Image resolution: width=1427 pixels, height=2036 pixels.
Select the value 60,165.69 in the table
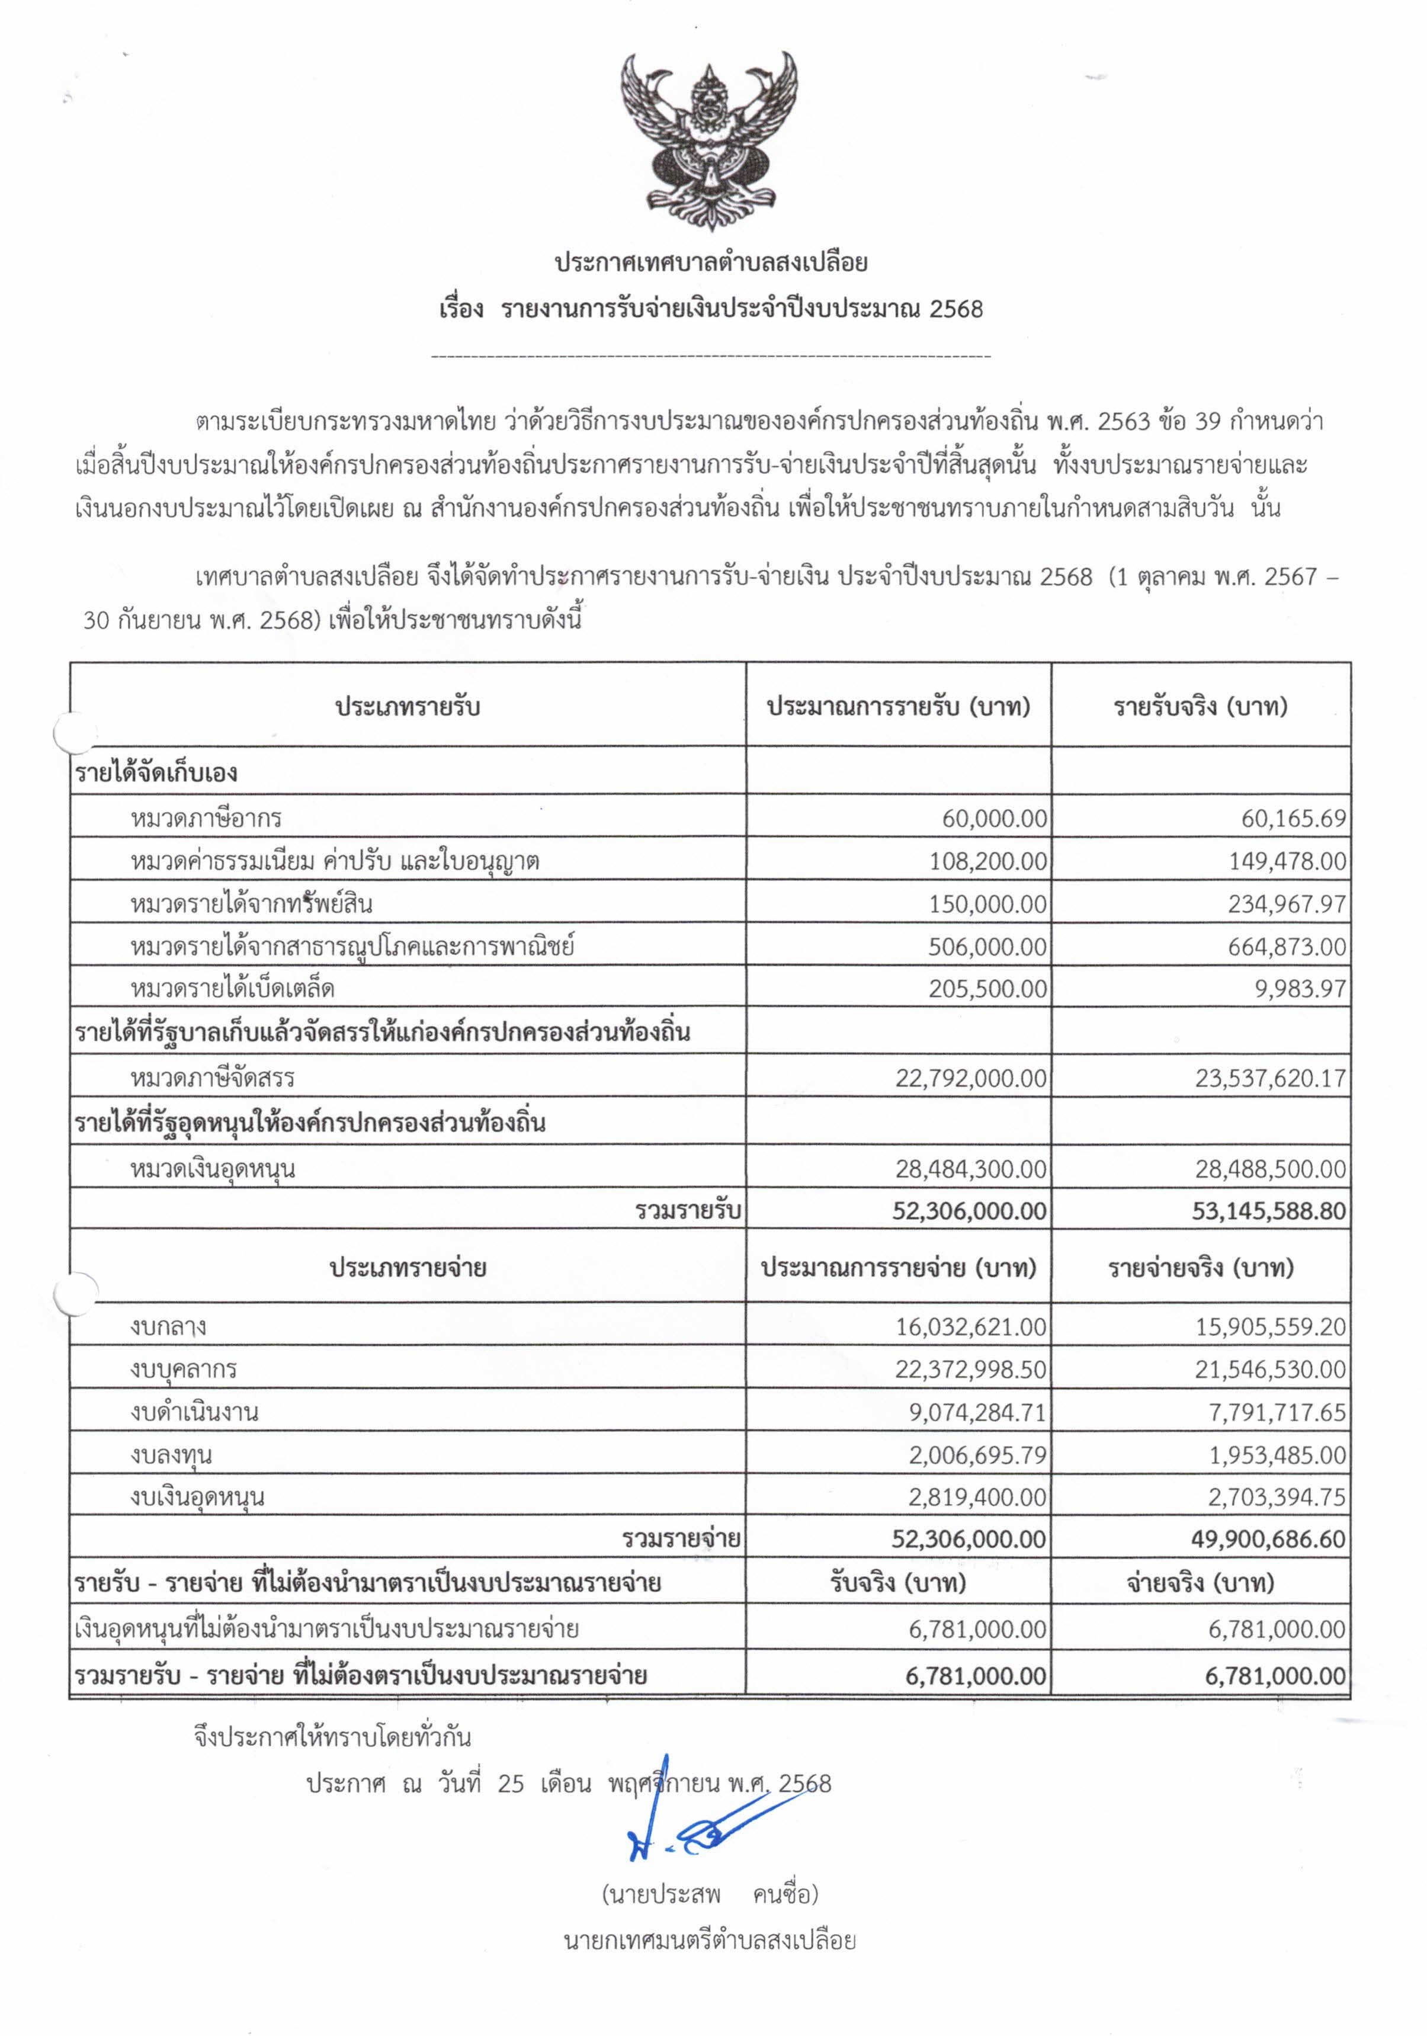pos(1295,817)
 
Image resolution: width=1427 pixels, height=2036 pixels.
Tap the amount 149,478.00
pos(1287,860)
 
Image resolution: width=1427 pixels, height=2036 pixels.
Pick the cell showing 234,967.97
pos(1287,903)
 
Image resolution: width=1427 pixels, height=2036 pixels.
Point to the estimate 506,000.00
pos(987,946)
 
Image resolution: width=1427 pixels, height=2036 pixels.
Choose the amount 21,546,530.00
pos(1270,1369)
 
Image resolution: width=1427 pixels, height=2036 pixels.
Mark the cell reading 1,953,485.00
pos(1278,1455)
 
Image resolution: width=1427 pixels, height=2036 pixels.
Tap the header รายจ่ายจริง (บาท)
pos(1201,1268)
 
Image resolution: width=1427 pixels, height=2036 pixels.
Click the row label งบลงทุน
pos(170,1455)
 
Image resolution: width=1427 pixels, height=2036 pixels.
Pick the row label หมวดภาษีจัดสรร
pos(212,1078)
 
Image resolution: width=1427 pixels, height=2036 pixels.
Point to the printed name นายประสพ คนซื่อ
pos(710,1895)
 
